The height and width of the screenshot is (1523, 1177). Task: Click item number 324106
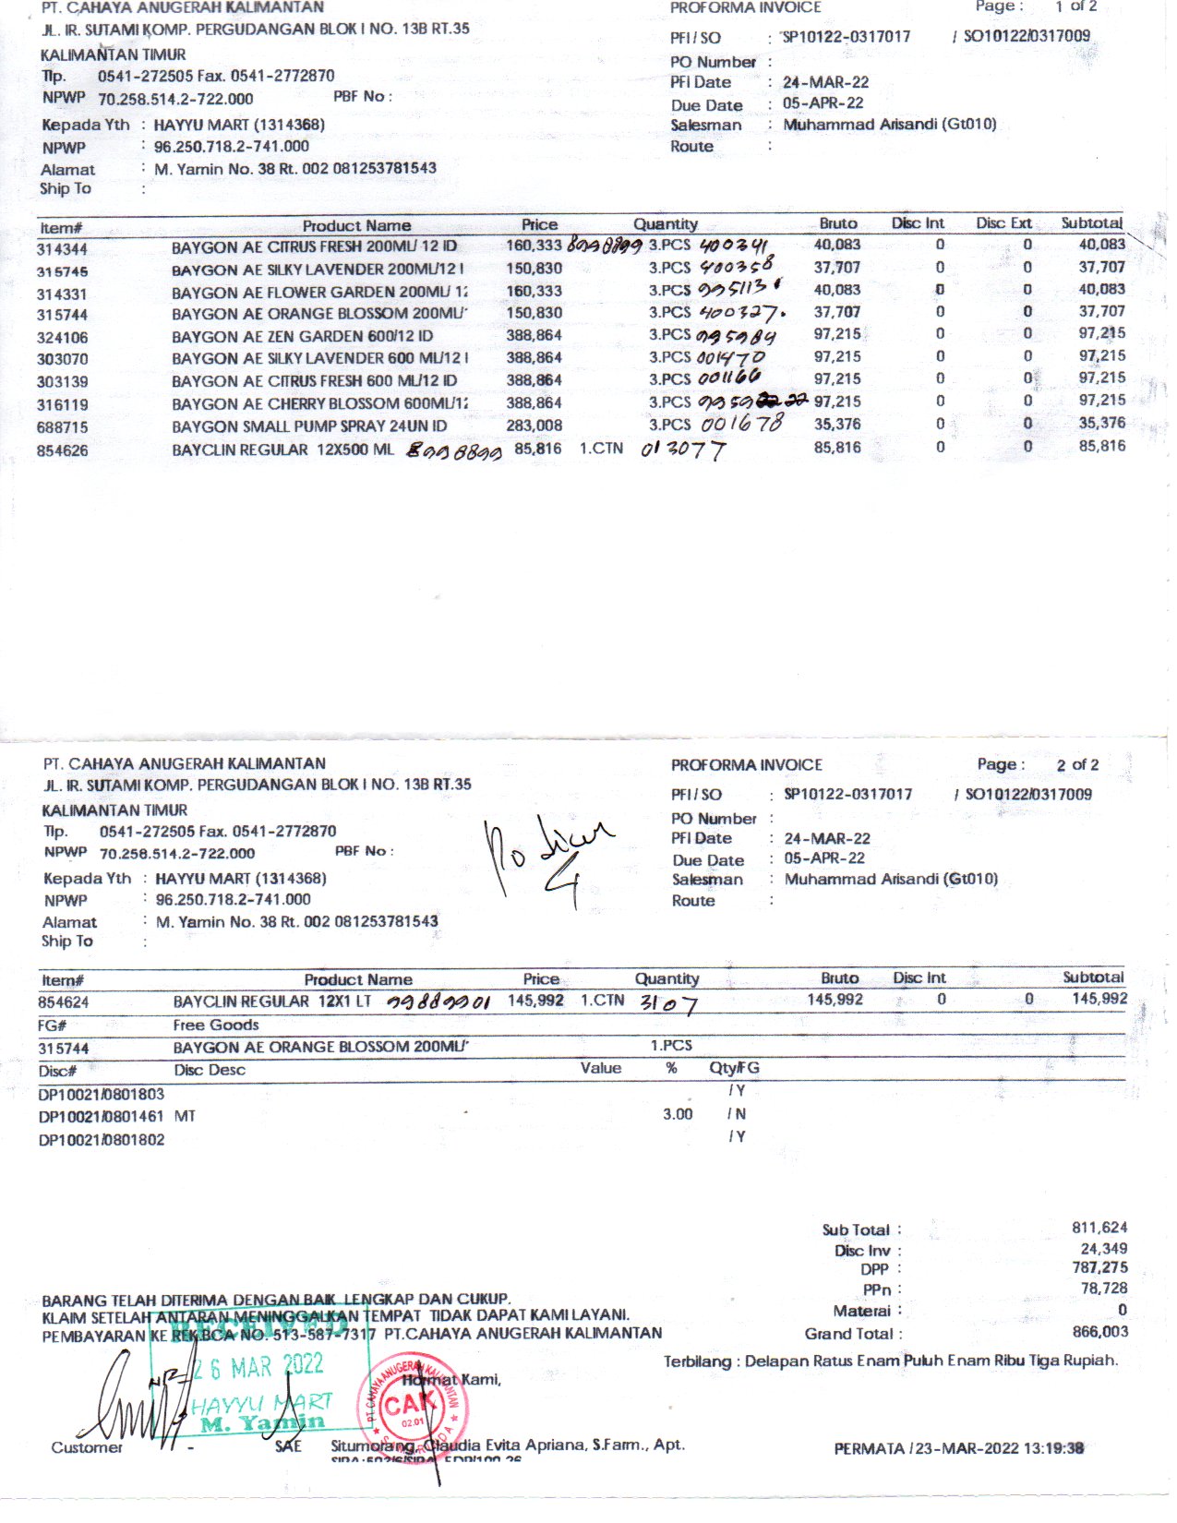[63, 337]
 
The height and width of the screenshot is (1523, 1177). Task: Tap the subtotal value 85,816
[1101, 446]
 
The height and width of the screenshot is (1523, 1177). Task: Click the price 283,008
[534, 426]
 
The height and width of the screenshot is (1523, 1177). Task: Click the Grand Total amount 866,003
[1099, 1332]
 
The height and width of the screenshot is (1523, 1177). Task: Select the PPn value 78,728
[1103, 1289]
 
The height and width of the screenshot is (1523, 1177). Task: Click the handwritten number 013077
[683, 450]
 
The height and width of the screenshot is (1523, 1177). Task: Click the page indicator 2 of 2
[1077, 765]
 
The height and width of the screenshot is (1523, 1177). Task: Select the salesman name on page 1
[890, 125]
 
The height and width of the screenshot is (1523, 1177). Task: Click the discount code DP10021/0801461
[102, 1116]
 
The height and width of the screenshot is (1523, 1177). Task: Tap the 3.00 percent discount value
[678, 1114]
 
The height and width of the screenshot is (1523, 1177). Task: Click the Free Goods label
[216, 1025]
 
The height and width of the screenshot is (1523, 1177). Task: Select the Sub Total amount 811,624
[1099, 1228]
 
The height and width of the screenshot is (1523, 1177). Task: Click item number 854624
[64, 1002]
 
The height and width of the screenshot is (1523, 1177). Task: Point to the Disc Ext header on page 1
[1003, 223]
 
